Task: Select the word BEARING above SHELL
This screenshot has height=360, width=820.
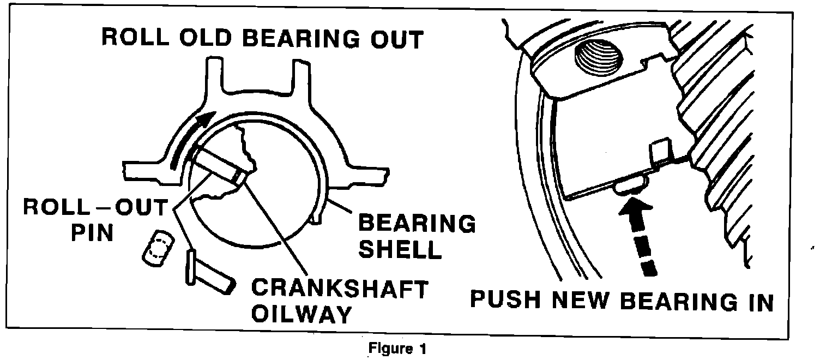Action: pyautogui.click(x=415, y=224)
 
